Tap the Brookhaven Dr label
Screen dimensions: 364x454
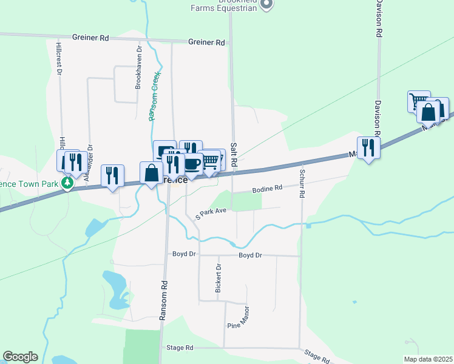coord(138,67)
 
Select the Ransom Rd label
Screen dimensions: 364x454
coord(163,300)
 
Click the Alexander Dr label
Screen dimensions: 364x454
coord(89,164)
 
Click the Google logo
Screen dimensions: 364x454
coord(20,357)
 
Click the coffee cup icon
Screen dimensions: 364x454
coord(192,164)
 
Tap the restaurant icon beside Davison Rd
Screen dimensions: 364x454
coord(368,147)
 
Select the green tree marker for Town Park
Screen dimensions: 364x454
coord(69,183)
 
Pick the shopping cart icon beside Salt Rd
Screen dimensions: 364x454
coord(209,161)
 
